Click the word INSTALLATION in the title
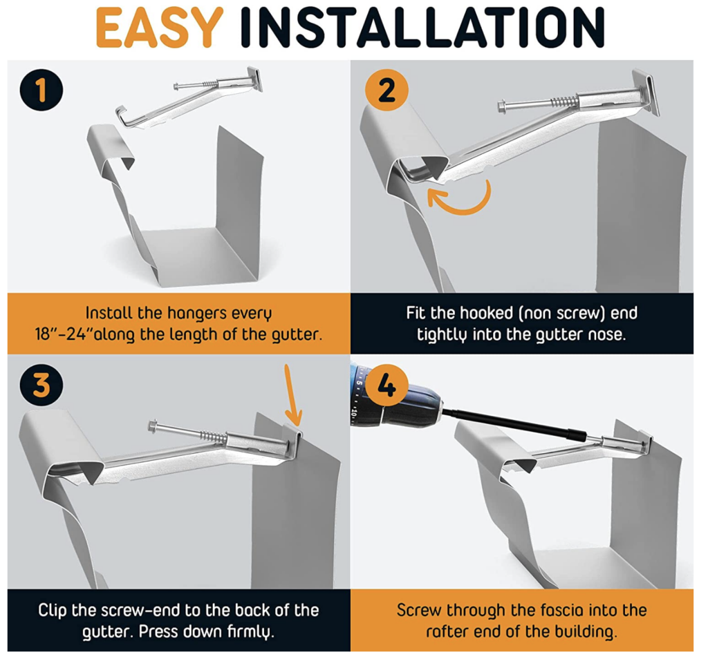tap(422, 28)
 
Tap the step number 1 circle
tap(41, 90)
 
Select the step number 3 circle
tap(41, 385)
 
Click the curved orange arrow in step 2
tap(462, 197)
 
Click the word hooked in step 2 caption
tap(491, 313)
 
